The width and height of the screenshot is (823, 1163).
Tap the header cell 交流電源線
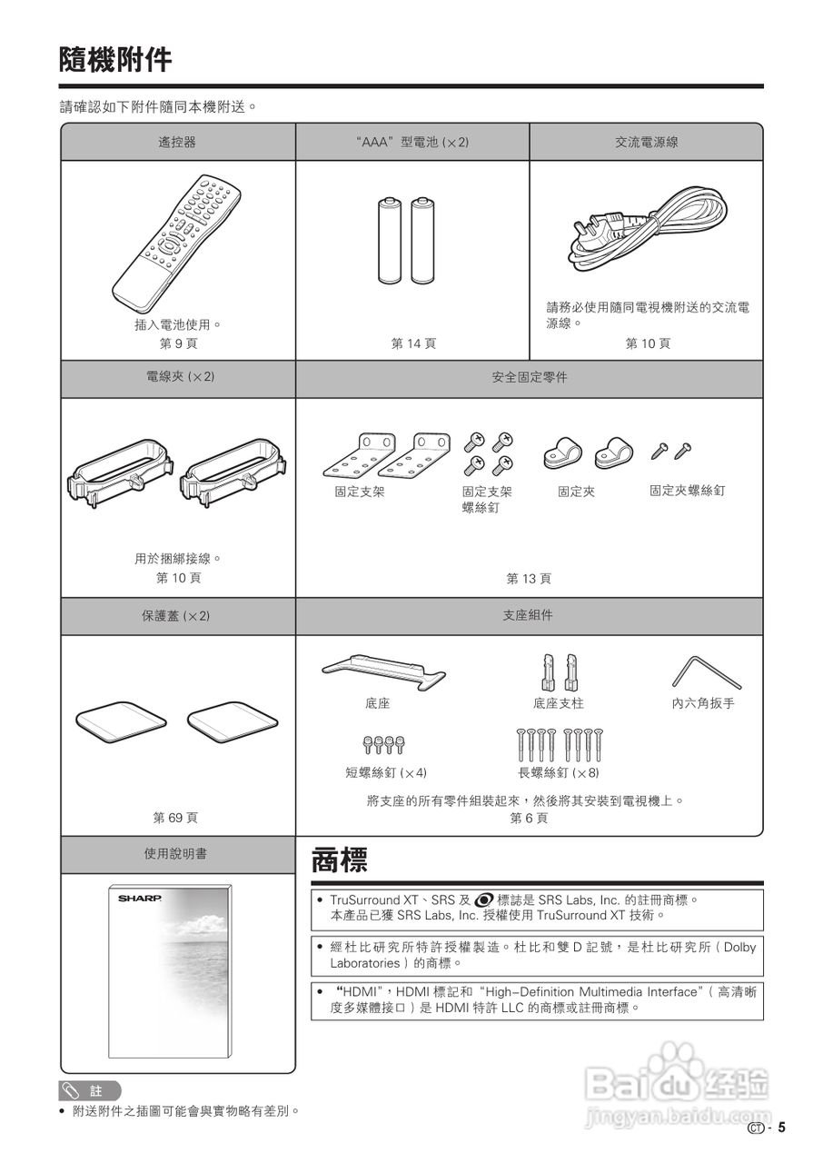646,143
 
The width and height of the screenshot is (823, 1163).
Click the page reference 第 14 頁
413,343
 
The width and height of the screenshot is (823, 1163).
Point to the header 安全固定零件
529,377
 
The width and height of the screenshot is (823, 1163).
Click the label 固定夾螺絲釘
687,491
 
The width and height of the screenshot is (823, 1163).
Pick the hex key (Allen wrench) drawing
706,671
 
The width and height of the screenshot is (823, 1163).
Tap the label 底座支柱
558,704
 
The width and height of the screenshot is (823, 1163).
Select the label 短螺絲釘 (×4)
385,773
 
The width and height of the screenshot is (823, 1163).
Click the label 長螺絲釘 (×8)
558,773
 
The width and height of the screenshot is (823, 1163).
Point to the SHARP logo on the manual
139,898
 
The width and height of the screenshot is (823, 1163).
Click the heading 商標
339,860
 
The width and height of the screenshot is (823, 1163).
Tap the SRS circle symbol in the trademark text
484,900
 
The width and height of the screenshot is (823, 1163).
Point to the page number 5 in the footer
781,1128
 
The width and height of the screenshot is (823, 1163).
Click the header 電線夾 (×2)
178,377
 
